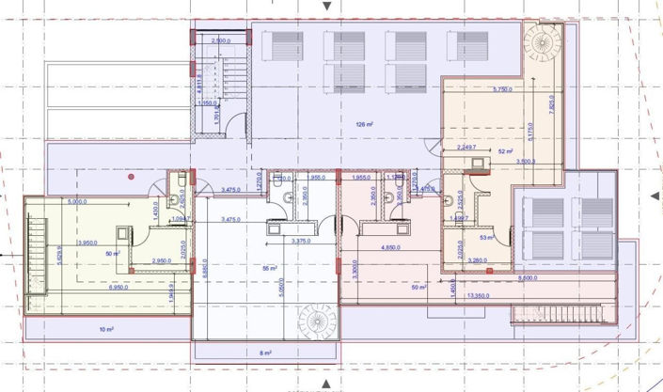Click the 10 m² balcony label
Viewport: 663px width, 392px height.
click(x=106, y=330)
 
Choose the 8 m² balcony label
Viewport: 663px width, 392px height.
click(x=266, y=353)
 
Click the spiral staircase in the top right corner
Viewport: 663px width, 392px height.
click(x=542, y=42)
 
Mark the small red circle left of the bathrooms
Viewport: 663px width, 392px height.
click(x=132, y=176)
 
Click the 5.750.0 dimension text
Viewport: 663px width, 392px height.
click(x=502, y=89)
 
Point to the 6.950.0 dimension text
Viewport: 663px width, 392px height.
click(x=96, y=286)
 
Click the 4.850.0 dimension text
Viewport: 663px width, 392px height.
click(x=393, y=247)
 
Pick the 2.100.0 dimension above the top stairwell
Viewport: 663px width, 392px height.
click(x=222, y=41)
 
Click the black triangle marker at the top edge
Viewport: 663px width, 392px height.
click(x=326, y=6)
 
